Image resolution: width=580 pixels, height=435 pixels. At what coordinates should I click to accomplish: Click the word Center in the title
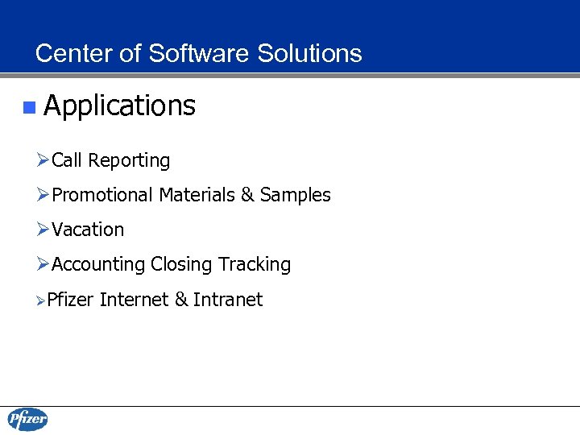tap(69, 54)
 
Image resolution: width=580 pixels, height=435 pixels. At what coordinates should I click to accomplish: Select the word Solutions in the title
tap(309, 54)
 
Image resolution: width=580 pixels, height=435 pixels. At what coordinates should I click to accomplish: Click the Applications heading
tap(119, 106)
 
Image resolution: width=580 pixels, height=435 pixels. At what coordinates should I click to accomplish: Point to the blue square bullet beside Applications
tap(29, 106)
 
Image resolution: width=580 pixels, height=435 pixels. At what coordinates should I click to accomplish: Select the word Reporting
tap(129, 161)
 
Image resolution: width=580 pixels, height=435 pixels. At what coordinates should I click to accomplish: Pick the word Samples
tap(295, 195)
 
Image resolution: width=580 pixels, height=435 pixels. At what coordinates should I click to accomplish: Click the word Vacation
tap(88, 230)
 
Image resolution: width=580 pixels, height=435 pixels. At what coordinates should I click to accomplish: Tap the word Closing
tap(181, 264)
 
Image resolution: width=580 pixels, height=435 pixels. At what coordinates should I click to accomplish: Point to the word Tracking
tap(255, 264)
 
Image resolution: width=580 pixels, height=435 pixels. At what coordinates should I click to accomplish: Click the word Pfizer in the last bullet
tap(71, 300)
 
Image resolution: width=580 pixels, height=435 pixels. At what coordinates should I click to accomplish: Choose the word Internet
tap(135, 300)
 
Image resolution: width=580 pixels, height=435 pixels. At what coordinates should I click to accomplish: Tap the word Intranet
tap(228, 300)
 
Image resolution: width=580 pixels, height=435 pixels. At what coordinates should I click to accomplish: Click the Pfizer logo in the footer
tap(27, 420)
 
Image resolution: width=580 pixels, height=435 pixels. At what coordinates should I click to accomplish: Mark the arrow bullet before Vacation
tap(43, 230)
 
